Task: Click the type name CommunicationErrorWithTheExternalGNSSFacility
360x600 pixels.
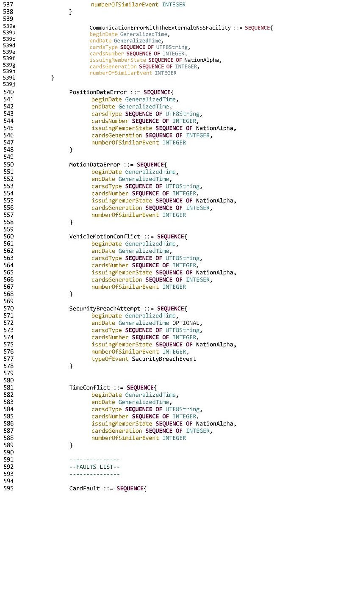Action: [x=160, y=28]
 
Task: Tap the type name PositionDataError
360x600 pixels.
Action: [x=98, y=92]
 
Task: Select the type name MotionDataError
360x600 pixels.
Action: [x=94, y=165]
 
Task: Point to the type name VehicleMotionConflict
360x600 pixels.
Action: [x=105, y=237]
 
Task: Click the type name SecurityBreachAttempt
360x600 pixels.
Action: [x=105, y=309]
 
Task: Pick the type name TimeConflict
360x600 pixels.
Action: [x=89, y=387]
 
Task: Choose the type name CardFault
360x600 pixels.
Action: [x=84, y=488]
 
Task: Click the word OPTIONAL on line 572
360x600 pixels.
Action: [x=186, y=323]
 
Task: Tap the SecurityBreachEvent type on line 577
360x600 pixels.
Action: [x=164, y=359]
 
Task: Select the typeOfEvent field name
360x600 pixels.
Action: [x=110, y=359]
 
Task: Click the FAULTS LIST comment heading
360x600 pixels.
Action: [x=94, y=467]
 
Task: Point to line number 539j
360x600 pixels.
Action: [x=9, y=84]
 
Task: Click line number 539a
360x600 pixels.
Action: [x=9, y=26]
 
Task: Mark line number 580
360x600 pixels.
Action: [x=8, y=380]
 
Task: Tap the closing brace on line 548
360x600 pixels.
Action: [x=71, y=150]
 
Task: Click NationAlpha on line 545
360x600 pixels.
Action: [x=215, y=128]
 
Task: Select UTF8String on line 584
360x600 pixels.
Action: [x=183, y=409]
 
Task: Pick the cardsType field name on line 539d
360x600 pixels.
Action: [x=103, y=47]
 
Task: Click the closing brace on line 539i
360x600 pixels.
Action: [x=53, y=78]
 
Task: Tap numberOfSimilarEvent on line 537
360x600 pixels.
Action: [x=125, y=5]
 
